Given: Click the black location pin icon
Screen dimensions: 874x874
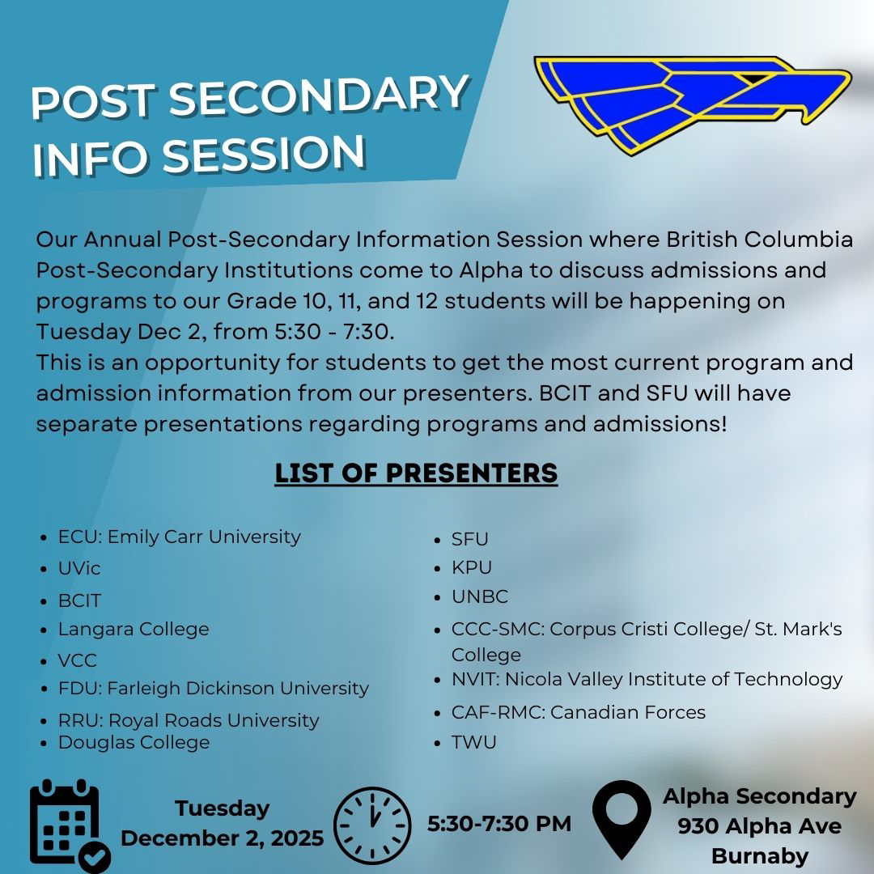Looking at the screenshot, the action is [x=622, y=819].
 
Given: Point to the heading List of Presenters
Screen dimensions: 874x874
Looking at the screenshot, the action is [x=416, y=473].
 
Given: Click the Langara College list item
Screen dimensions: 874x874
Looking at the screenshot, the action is [x=134, y=629].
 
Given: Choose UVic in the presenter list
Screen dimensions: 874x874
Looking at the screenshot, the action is [x=79, y=568].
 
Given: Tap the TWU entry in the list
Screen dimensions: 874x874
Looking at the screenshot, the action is [x=473, y=742].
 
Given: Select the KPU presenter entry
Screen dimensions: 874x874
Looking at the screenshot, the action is [x=472, y=566].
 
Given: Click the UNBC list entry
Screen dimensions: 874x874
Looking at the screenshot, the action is [x=480, y=596].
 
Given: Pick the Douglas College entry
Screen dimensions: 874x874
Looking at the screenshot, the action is [x=134, y=742].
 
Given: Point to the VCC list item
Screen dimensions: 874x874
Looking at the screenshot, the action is [x=78, y=660].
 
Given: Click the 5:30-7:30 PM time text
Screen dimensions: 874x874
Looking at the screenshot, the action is [x=499, y=823].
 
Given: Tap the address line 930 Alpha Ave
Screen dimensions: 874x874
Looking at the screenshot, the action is [x=759, y=825].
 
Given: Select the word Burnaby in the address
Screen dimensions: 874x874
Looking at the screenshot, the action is [x=760, y=855].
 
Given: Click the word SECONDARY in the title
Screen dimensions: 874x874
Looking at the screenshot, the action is [x=319, y=95].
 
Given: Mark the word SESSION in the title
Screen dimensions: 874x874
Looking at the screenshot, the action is [x=264, y=155].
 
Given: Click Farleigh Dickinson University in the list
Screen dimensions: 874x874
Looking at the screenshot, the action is [x=238, y=689].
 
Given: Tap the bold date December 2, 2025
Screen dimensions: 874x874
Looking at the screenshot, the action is [x=222, y=838].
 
